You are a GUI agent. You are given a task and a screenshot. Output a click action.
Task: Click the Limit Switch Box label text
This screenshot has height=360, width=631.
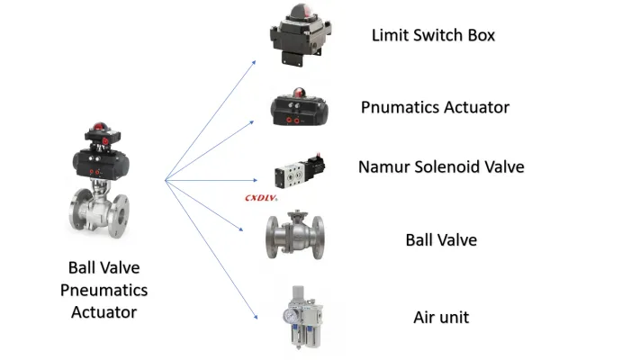click(433, 35)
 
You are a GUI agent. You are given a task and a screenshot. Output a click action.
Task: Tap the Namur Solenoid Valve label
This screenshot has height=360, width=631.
click(440, 166)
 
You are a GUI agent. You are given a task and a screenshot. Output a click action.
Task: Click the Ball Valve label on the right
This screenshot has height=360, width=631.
click(440, 240)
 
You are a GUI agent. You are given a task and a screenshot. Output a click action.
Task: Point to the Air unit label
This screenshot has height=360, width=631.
click(440, 317)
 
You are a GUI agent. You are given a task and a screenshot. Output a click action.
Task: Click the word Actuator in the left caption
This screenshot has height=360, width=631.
click(104, 312)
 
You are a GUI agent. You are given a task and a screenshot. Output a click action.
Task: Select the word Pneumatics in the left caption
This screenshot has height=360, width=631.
click(104, 290)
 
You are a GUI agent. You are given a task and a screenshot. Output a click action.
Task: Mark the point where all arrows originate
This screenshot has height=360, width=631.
click(165, 181)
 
